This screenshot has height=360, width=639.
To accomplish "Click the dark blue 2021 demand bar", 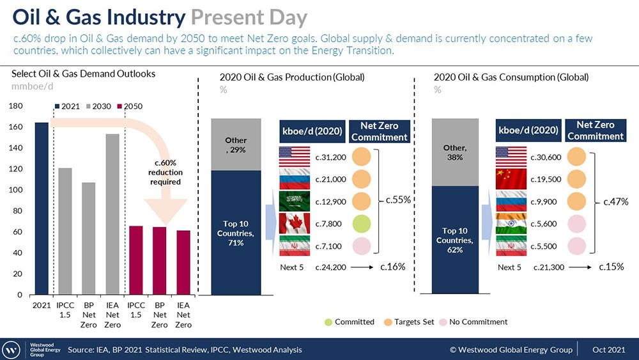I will (42, 208).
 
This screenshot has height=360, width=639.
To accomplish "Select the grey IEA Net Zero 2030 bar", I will (113, 214).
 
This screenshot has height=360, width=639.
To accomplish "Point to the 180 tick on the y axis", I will (17, 106).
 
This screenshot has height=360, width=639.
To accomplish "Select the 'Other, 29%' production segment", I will (236, 145).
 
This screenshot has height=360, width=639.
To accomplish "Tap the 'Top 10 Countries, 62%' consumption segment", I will (454, 240).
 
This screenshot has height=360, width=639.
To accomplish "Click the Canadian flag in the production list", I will (295, 223).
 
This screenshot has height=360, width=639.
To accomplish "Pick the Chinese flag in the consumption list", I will (511, 179).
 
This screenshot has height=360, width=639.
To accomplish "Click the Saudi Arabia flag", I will (295, 201).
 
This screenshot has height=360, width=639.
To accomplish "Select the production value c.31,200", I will (331, 157).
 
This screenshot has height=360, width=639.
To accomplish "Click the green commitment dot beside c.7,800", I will (361, 223).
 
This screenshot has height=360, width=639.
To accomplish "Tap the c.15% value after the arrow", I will (611, 267).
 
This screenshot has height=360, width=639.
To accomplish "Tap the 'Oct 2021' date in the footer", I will (608, 350).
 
